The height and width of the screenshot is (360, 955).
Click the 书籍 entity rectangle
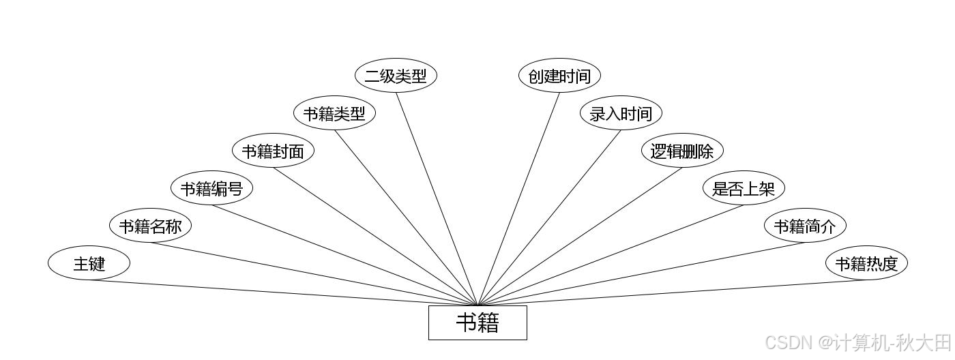(477, 322)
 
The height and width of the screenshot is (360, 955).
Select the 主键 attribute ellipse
(89, 263)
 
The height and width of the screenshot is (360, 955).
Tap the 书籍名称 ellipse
(150, 226)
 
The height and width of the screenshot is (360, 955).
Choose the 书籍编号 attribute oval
(211, 188)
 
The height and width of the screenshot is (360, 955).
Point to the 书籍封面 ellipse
(273, 151)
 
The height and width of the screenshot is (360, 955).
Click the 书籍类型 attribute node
(334, 113)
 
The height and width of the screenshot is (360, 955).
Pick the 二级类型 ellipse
(396, 76)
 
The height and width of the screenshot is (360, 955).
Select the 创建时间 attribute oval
(559, 76)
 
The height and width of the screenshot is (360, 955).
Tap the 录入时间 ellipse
(621, 113)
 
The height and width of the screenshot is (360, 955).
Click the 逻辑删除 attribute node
(682, 151)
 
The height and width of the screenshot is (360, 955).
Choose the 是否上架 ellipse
(744, 188)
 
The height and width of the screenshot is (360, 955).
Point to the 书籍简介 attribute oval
(805, 226)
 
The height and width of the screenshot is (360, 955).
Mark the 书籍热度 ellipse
(866, 263)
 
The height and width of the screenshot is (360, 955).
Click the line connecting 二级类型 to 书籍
(437, 199)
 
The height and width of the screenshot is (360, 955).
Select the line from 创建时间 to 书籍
(518, 199)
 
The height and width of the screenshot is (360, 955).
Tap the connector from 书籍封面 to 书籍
(375, 236)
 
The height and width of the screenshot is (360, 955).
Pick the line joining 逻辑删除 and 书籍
(580, 236)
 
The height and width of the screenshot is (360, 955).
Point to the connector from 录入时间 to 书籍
(549, 217)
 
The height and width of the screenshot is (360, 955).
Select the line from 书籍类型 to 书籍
(406, 217)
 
